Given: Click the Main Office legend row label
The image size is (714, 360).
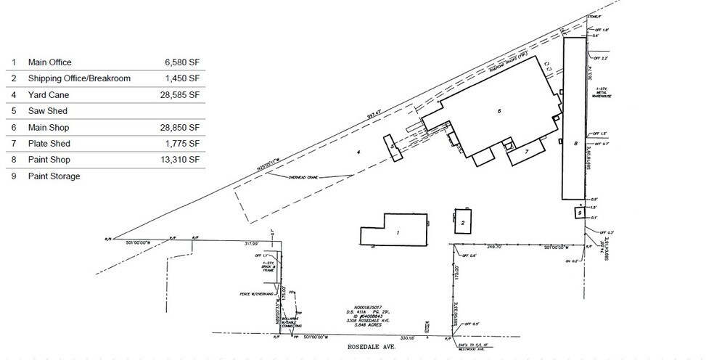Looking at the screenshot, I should (49, 62).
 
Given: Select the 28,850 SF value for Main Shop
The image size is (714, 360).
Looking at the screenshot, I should (181, 127).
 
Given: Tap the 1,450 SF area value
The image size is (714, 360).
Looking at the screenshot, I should (182, 78).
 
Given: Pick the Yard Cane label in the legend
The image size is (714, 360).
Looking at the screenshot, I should (49, 95).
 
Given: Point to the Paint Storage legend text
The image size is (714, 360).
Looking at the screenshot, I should (54, 176).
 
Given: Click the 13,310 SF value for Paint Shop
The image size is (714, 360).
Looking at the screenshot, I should (181, 160).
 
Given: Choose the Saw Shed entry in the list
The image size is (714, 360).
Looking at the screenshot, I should (47, 111).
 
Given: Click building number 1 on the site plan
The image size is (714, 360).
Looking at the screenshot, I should (398, 233).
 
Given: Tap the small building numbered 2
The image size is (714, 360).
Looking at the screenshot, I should (462, 223).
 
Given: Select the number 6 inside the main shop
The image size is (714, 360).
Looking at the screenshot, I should (499, 111).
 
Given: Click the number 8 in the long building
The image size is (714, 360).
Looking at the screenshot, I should (575, 143).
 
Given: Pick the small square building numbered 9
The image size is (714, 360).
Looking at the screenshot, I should (580, 213).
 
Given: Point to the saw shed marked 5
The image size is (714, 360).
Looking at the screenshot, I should (393, 146).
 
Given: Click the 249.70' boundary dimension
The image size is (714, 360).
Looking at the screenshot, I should (495, 247).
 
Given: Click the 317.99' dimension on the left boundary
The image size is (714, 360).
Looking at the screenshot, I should (252, 243).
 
